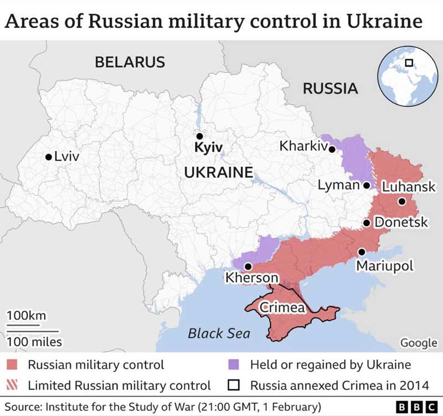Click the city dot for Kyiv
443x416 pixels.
coord(199,136)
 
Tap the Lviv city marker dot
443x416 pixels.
coord(49,157)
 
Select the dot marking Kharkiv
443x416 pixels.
coord(332,148)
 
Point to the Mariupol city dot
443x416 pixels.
coord(361,251)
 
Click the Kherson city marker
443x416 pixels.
coord(247,266)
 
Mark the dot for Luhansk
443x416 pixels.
coord(401,202)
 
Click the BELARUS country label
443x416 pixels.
coord(130,62)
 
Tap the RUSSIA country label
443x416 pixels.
coord(330,88)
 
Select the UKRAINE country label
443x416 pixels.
coord(218,172)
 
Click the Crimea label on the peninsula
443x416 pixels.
coord(282,306)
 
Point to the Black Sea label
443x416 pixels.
coord(219,333)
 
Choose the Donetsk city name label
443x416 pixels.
coord(401,223)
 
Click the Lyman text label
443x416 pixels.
coord(338,185)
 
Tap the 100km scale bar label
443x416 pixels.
coord(27,315)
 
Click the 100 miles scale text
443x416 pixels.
coord(34,342)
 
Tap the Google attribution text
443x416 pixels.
coord(418,343)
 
